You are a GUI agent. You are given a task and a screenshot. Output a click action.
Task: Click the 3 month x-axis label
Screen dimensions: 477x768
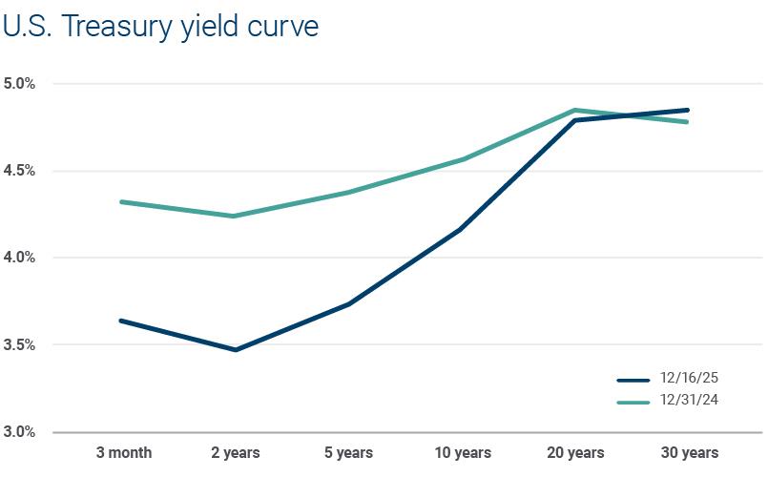coord(123,452)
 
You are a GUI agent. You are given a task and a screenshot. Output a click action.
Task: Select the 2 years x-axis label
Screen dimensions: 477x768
coord(236,452)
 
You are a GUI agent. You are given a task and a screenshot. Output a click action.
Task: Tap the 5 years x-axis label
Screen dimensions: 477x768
coord(349,452)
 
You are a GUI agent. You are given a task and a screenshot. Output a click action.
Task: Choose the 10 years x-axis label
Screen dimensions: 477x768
coord(463,452)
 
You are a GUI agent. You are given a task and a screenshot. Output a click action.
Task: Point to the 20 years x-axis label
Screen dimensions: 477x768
coord(575,452)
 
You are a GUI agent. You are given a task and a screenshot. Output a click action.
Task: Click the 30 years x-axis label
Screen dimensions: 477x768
coord(688,452)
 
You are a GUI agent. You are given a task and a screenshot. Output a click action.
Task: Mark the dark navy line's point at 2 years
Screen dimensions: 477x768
coord(236,350)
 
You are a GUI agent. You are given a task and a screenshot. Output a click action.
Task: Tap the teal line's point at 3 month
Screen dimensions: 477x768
coord(123,202)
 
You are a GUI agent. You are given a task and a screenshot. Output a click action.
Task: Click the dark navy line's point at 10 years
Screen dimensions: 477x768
coord(463,229)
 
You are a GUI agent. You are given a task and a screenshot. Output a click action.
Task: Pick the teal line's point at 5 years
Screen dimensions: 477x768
coord(349,193)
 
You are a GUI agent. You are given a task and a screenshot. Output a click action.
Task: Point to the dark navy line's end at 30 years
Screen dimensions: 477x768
coord(687,110)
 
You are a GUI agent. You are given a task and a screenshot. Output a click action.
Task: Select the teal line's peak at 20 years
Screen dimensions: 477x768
coord(575,110)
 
